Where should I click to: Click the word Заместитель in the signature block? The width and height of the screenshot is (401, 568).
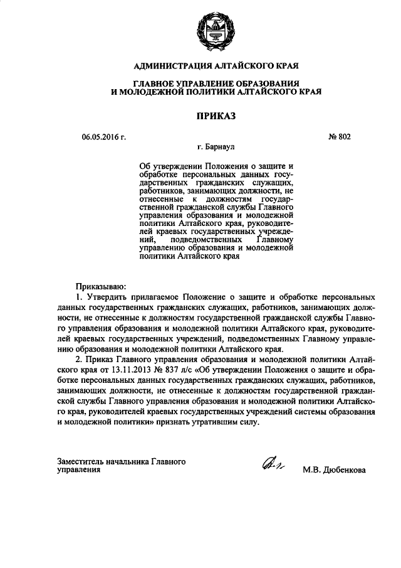coord(81,461)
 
